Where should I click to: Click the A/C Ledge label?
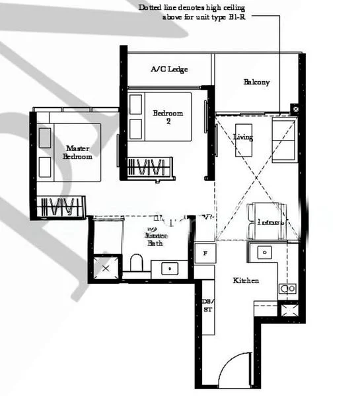click(x=169, y=69)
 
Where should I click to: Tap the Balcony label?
click(x=256, y=82)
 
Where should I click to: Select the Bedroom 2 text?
click(x=168, y=117)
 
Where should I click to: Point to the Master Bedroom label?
click(x=77, y=153)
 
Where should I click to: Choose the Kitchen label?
click(x=246, y=280)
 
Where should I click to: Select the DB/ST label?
click(x=207, y=305)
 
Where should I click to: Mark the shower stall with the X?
click(x=105, y=269)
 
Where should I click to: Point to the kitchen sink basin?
click(x=264, y=251)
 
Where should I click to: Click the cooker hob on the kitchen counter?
click(x=287, y=288)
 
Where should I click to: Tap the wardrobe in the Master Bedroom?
click(x=62, y=206)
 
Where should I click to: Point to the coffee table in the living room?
click(x=244, y=139)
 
